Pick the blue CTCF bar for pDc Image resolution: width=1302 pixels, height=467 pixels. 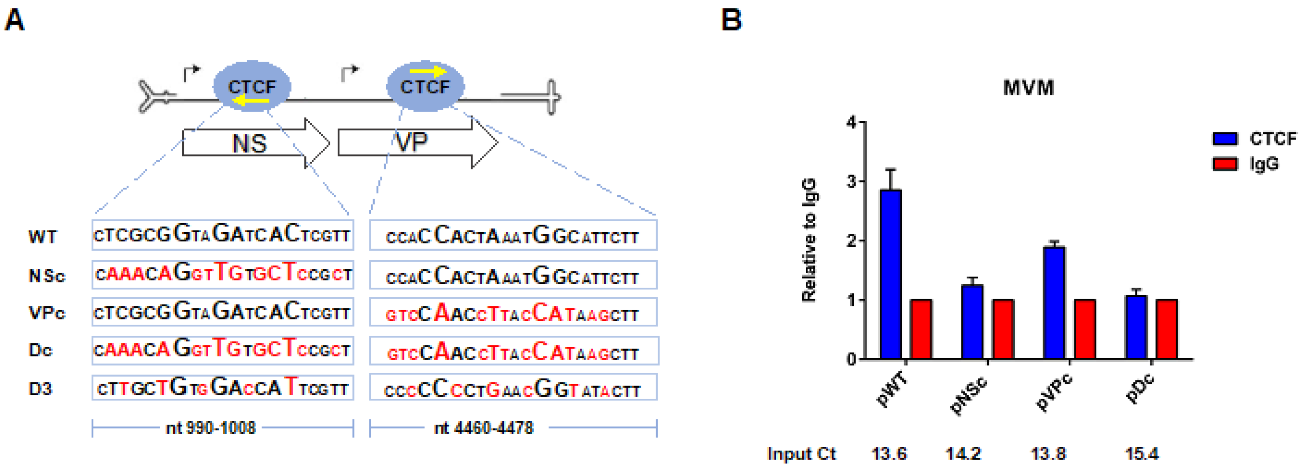point(1136,327)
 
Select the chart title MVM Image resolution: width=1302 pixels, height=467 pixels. point(1028,88)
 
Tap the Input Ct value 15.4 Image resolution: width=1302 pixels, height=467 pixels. point(1141,453)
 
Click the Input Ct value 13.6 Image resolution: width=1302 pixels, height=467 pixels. point(889,453)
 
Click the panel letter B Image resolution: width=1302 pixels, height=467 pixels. point(731,20)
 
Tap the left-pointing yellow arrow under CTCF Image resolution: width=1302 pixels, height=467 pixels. point(251,101)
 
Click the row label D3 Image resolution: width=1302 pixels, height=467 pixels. point(41,389)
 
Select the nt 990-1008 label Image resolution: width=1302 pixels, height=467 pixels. point(211,428)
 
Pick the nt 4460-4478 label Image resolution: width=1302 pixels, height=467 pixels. point(484,428)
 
